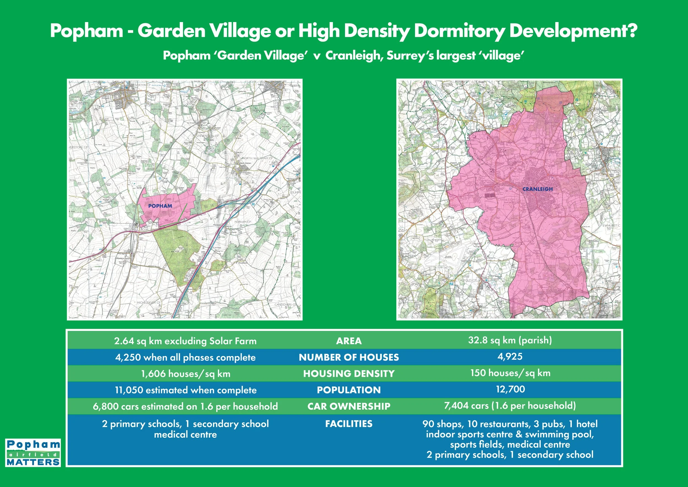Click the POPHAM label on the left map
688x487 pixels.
160,206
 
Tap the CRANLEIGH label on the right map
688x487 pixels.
537,189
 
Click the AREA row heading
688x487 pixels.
349,341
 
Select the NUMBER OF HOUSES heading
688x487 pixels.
349,357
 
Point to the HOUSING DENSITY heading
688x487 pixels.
349,374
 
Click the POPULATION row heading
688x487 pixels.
349,390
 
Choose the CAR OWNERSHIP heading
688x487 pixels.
349,406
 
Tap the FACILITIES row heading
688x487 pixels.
349,424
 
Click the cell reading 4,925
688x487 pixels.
510,357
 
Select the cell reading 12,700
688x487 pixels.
510,389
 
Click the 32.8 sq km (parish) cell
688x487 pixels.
510,340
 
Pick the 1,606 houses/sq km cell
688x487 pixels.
185,374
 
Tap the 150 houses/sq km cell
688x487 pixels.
510,373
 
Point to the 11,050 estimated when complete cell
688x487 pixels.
185,390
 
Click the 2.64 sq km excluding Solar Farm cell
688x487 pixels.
185,341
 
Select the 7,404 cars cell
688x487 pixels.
510,406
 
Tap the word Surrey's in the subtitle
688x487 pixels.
410,56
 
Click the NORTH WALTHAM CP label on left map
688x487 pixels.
257,158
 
